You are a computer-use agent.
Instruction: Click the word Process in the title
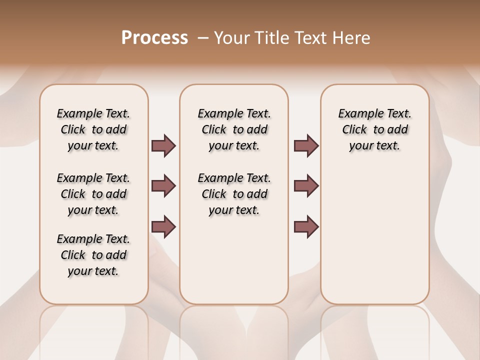[154, 38]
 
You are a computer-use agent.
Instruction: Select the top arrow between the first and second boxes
[163, 145]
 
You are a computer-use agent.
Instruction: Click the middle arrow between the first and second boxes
[163, 186]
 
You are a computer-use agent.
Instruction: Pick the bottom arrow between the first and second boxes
[163, 226]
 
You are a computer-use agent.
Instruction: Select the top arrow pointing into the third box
[306, 145]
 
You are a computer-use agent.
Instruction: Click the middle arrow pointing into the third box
[306, 186]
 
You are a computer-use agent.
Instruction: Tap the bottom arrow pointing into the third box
[306, 226]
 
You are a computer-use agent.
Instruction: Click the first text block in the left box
[93, 129]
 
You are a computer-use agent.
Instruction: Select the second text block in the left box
[93, 194]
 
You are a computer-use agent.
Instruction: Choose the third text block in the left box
[93, 255]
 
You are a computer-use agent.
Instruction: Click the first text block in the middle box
[234, 129]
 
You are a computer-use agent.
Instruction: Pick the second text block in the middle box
[234, 194]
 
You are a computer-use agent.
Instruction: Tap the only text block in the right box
[374, 129]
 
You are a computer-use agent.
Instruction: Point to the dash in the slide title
[203, 38]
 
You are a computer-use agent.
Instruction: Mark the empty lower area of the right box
[374, 235]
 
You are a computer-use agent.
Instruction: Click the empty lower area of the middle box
[234, 260]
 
